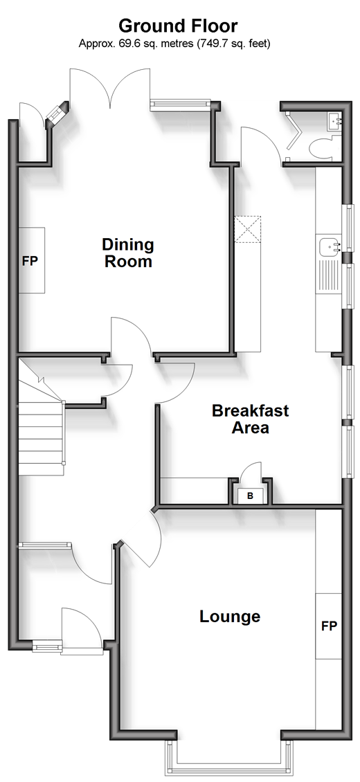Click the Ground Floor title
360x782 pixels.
178,26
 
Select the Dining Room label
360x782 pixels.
128,253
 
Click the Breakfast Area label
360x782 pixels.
251,419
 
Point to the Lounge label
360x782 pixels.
230,617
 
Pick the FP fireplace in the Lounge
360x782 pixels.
329,626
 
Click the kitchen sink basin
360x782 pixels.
330,246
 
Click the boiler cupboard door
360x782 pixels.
252,474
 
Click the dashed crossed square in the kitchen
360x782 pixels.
248,230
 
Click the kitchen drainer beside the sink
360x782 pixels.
329,275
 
